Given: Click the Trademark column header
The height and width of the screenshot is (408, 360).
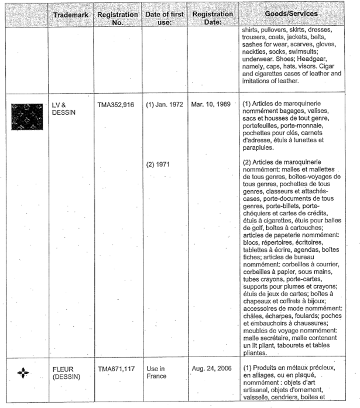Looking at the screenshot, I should coord(70,13).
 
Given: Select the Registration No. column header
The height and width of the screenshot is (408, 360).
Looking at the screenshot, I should coord(117,18).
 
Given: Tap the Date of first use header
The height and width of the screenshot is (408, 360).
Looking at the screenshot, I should coord(164,18).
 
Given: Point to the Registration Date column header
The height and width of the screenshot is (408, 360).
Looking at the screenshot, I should coord(210,18).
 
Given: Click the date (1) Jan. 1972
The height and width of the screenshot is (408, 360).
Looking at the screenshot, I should coord(164,104).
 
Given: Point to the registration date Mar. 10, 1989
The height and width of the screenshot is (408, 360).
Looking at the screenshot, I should coord(211,104).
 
